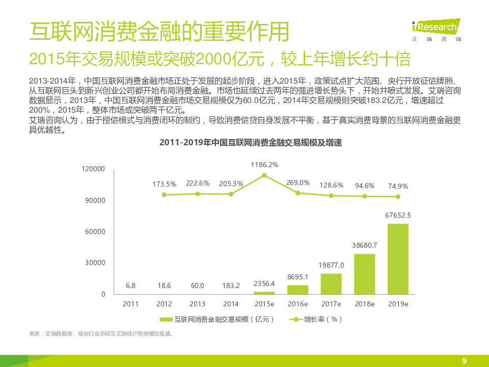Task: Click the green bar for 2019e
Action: (398, 259)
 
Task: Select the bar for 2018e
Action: (364, 274)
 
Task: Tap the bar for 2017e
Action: (331, 284)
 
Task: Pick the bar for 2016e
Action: (297, 290)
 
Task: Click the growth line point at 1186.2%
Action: (264, 175)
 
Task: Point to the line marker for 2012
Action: (164, 195)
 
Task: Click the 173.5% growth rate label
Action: (164, 184)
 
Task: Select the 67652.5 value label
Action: (398, 215)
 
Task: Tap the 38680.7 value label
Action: (364, 245)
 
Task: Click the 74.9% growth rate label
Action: (398, 186)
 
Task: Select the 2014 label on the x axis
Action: (231, 304)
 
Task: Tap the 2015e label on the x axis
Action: (264, 304)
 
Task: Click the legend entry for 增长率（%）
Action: (316, 320)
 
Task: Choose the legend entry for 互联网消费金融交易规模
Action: (217, 320)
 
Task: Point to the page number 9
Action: (464, 361)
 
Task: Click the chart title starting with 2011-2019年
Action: (250, 143)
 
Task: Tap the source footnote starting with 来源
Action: (101, 334)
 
